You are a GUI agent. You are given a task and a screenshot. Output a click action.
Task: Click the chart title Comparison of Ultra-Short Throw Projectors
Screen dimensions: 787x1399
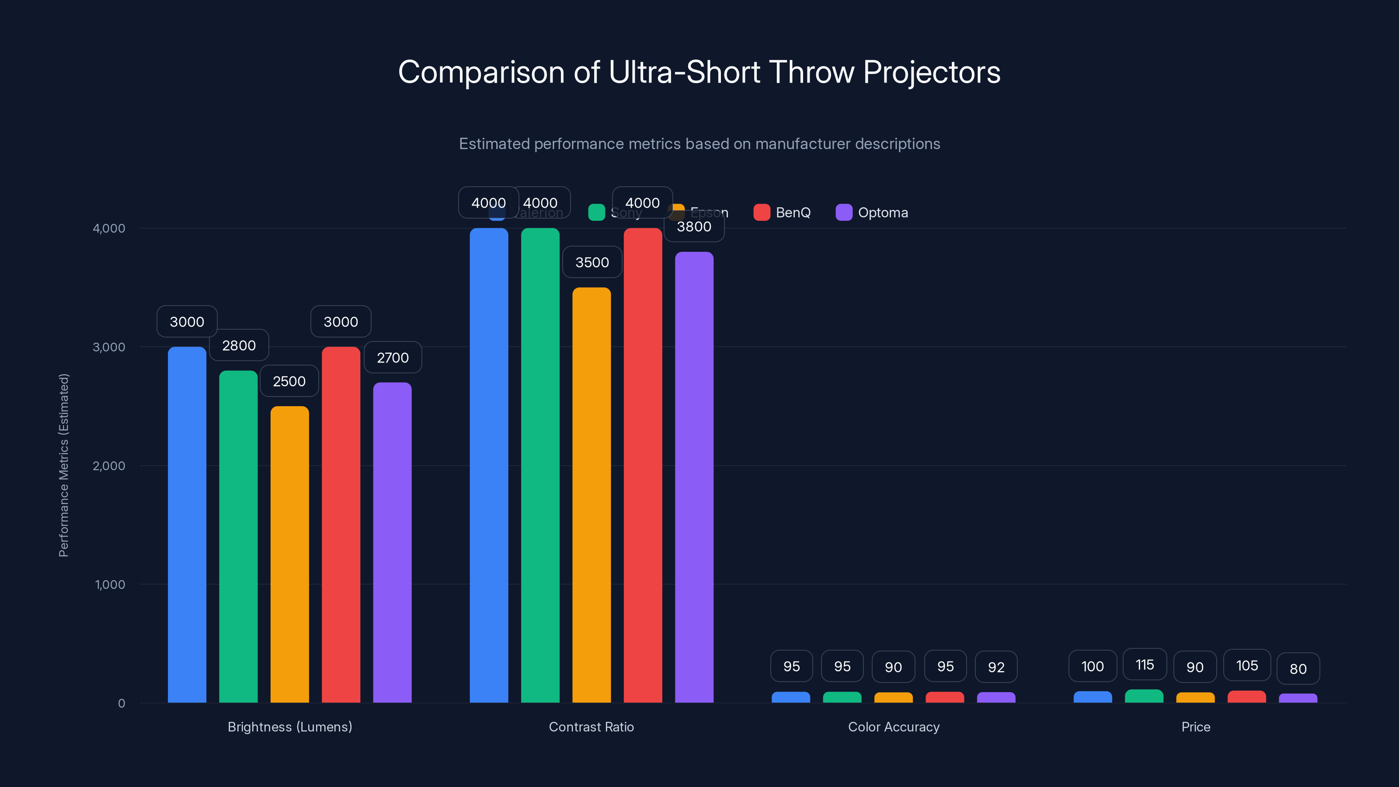[699, 72]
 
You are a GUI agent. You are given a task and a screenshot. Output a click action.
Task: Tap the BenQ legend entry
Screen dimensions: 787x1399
[782, 212]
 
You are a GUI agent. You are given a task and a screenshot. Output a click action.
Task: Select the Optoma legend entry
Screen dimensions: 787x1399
[872, 212]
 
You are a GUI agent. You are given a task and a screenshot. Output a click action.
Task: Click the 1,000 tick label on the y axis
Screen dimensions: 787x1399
[110, 585]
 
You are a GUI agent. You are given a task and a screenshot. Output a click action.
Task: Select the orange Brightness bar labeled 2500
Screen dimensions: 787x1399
[289, 554]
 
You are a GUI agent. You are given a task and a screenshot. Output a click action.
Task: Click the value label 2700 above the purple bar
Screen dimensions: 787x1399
[393, 357]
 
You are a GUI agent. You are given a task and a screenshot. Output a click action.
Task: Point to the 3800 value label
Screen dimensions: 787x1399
[694, 226]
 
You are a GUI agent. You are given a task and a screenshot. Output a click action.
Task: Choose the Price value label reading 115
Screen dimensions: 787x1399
[1144, 665]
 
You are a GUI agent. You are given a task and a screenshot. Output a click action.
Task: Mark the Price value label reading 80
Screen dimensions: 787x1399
[1298, 669]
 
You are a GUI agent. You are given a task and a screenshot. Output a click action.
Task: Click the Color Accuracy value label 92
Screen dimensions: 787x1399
[996, 667]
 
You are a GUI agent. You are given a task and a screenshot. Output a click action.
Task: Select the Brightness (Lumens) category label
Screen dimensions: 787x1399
[289, 727]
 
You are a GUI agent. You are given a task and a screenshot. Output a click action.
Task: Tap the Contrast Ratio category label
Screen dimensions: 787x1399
[591, 727]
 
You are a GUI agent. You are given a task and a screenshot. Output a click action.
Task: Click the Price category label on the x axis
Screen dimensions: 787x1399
[1195, 727]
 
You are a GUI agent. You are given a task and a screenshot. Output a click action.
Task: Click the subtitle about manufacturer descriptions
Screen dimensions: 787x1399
[699, 143]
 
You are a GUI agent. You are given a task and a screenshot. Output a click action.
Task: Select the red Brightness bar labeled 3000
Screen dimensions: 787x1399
[341, 525]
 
